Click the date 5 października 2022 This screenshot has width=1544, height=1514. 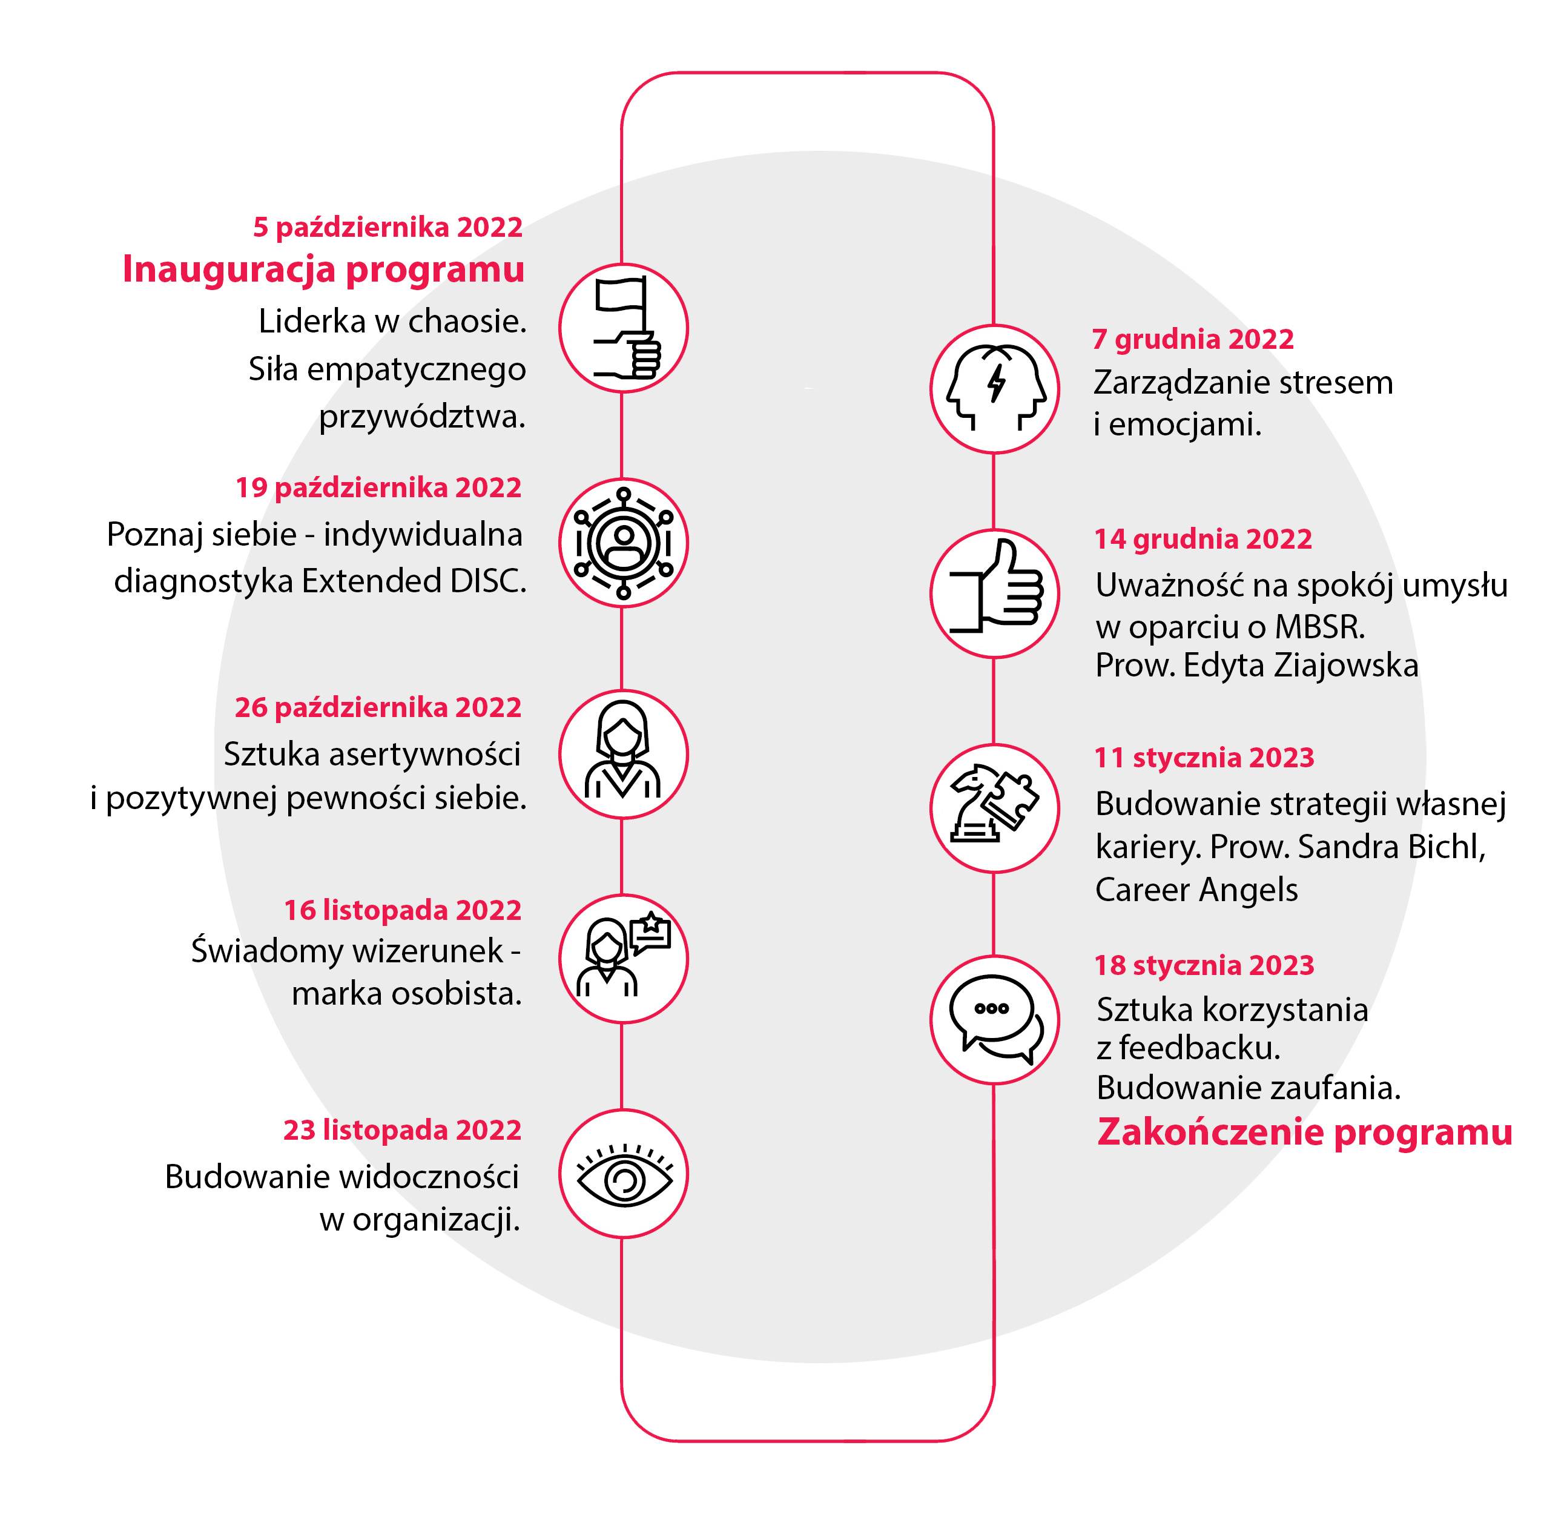point(388,228)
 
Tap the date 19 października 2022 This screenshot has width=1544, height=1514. point(378,488)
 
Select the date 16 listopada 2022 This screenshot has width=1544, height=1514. point(403,910)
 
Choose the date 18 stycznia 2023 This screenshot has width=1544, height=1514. point(1204,965)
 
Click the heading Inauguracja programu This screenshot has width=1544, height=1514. point(323,269)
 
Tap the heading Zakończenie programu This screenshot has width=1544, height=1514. point(1305,1131)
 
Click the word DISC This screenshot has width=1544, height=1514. point(488,581)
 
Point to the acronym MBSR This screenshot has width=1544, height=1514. point(1321,627)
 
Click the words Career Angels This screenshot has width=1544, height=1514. point(1196,890)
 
